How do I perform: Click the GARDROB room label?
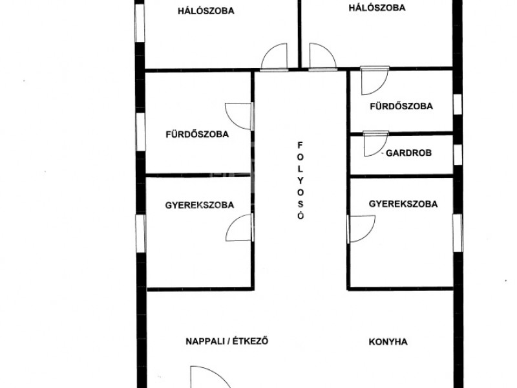tap(408, 153)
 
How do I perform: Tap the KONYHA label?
tap(388, 342)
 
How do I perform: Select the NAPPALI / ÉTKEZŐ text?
tap(227, 341)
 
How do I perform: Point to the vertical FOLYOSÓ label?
tap(301, 180)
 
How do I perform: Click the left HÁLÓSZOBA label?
tap(206, 11)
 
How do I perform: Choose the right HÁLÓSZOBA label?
tap(377, 8)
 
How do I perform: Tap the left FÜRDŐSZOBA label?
tap(197, 135)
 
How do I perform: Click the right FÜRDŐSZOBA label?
tap(401, 106)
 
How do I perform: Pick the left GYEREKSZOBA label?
tap(200, 205)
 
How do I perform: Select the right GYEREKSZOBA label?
tap(403, 204)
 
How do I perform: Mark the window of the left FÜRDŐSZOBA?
tap(140, 132)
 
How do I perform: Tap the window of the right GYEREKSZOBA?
tap(458, 233)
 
